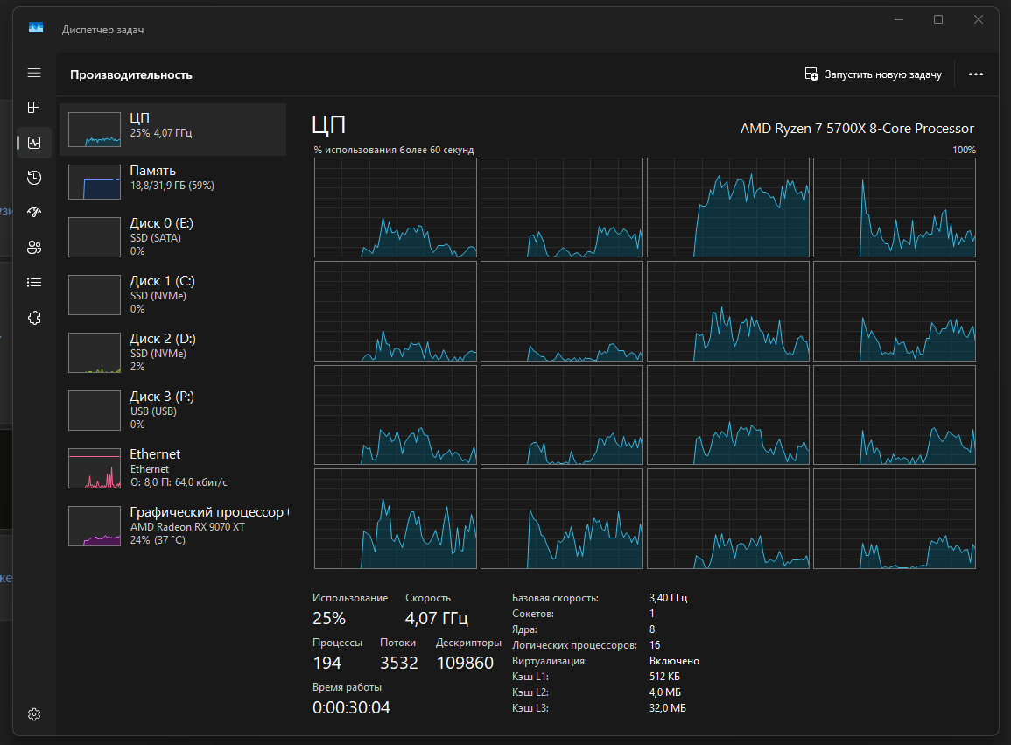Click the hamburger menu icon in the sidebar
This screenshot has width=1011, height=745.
[34, 73]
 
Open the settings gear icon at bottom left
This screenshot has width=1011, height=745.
[34, 714]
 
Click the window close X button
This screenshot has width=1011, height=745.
[978, 19]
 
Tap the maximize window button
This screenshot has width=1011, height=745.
[938, 19]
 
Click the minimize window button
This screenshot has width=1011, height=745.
[899, 19]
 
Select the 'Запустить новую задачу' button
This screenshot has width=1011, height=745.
[873, 74]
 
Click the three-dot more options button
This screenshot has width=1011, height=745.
[975, 74]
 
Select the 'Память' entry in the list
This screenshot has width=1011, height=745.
[172, 180]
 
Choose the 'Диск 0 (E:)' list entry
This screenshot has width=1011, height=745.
[172, 236]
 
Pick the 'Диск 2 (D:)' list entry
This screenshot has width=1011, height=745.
[172, 352]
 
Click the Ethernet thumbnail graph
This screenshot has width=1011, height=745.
[95, 468]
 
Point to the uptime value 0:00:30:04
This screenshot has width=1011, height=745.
[351, 707]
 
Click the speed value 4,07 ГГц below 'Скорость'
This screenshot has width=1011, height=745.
[437, 618]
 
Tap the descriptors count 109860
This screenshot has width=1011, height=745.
[465, 663]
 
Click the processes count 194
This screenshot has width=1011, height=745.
[326, 663]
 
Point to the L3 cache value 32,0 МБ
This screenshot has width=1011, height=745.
[667, 708]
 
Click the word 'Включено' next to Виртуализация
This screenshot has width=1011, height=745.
[674, 661]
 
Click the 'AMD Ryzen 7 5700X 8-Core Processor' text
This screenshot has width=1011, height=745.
[857, 129]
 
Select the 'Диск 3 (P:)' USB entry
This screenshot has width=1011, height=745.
[172, 411]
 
